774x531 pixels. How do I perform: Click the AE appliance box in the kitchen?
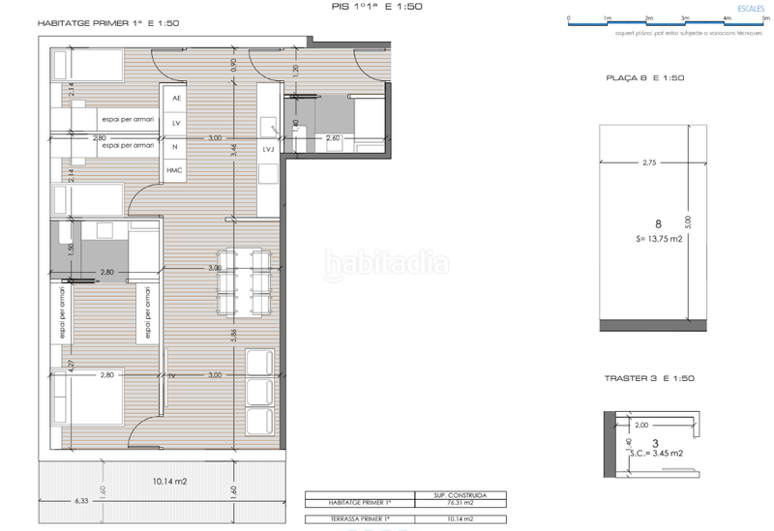pos(175,99)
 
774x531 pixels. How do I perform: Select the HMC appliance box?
pos(175,170)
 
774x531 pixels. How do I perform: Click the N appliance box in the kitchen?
pos(175,147)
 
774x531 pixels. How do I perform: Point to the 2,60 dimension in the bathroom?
pos(334,137)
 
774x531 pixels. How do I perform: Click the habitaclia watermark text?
pos(386,263)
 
